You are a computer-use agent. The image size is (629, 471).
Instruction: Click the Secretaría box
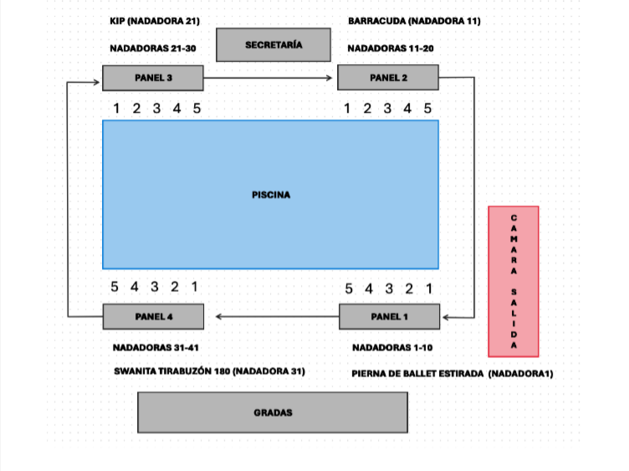[274, 45]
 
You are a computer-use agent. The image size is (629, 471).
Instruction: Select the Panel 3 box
[153, 78]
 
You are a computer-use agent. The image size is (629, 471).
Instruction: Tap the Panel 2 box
[388, 78]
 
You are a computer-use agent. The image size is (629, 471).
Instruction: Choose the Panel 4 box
[153, 316]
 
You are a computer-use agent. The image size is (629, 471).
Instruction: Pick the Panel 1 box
[389, 316]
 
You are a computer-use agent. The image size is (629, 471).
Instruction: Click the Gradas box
[273, 412]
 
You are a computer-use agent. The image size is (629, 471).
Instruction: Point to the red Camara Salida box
[514, 281]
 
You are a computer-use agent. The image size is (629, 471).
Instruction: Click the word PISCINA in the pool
[271, 194]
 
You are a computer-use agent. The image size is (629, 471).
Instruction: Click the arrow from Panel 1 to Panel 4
[276, 316]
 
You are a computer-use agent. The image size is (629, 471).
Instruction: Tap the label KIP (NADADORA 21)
[155, 20]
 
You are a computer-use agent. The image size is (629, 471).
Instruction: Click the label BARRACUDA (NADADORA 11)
[414, 20]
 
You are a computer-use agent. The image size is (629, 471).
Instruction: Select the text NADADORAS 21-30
[153, 49]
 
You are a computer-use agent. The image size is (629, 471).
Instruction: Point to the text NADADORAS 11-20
[390, 49]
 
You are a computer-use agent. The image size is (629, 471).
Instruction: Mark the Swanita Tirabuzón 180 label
[209, 371]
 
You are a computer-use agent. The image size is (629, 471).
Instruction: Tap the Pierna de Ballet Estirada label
[453, 373]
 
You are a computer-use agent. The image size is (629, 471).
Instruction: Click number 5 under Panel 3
[197, 108]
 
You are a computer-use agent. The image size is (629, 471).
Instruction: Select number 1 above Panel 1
[429, 289]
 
